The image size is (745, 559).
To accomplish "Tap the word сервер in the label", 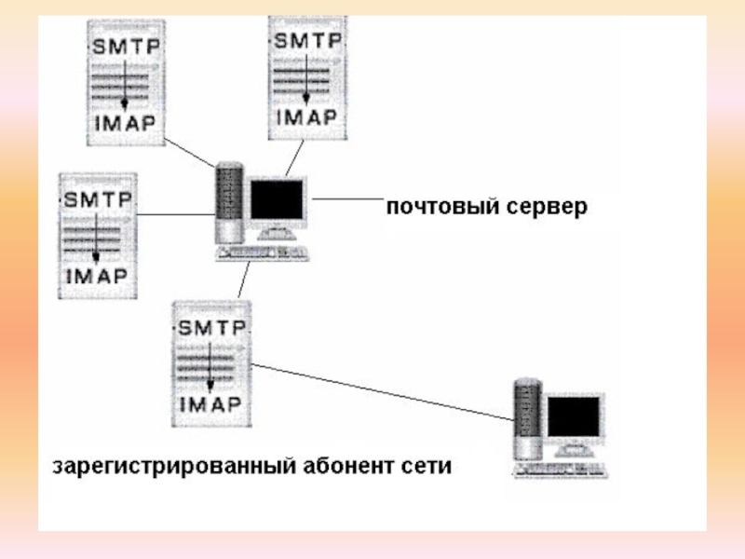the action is pyautogui.click(x=547, y=207).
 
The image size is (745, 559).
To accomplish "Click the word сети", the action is pyautogui.click(x=427, y=467).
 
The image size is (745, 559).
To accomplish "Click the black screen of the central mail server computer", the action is pyautogui.click(x=277, y=199).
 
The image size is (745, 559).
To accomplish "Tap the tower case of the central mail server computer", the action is pyautogui.click(x=229, y=203).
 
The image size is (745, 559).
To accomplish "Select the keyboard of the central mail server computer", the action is pyautogui.click(x=263, y=253).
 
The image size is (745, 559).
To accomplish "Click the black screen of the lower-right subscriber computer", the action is pyautogui.click(x=574, y=416).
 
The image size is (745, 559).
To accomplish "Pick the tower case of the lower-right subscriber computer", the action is pyautogui.click(x=527, y=419).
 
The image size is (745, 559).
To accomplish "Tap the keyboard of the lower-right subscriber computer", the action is pyautogui.click(x=561, y=470).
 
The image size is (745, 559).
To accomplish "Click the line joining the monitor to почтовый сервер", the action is pyautogui.click(x=347, y=198).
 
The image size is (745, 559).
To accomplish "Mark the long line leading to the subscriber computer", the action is pyautogui.click(x=383, y=392).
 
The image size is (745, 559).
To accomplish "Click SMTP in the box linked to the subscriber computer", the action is pyautogui.click(x=212, y=328).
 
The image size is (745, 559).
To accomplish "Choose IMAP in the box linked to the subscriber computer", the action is pyautogui.click(x=211, y=405).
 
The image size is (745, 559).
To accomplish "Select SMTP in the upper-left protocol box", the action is pyautogui.click(x=126, y=47).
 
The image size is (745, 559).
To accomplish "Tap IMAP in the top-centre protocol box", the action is pyautogui.click(x=306, y=117).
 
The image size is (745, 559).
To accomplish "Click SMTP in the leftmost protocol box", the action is pyautogui.click(x=98, y=199).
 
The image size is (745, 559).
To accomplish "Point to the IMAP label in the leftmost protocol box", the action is pyautogui.click(x=97, y=276).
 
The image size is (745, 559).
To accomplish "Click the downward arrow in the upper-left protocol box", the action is pyautogui.click(x=125, y=83).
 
